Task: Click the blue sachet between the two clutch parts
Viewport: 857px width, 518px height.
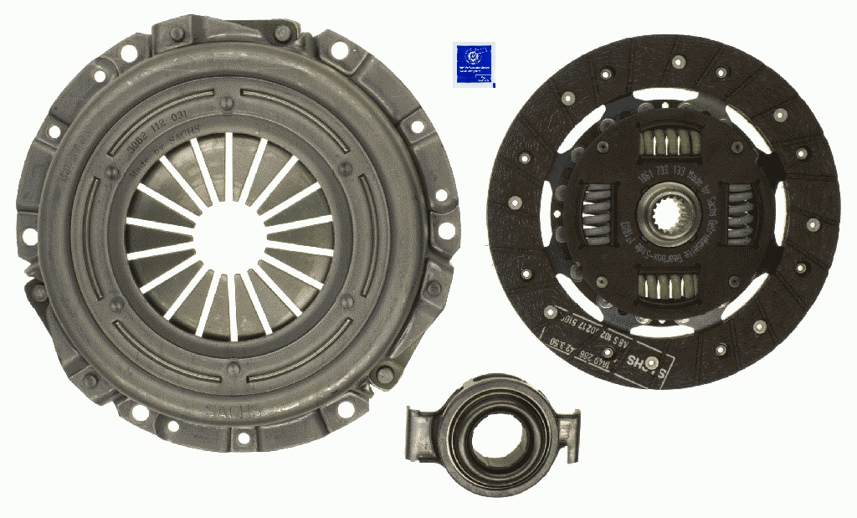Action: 474,64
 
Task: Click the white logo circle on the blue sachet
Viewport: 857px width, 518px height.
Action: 474,58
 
